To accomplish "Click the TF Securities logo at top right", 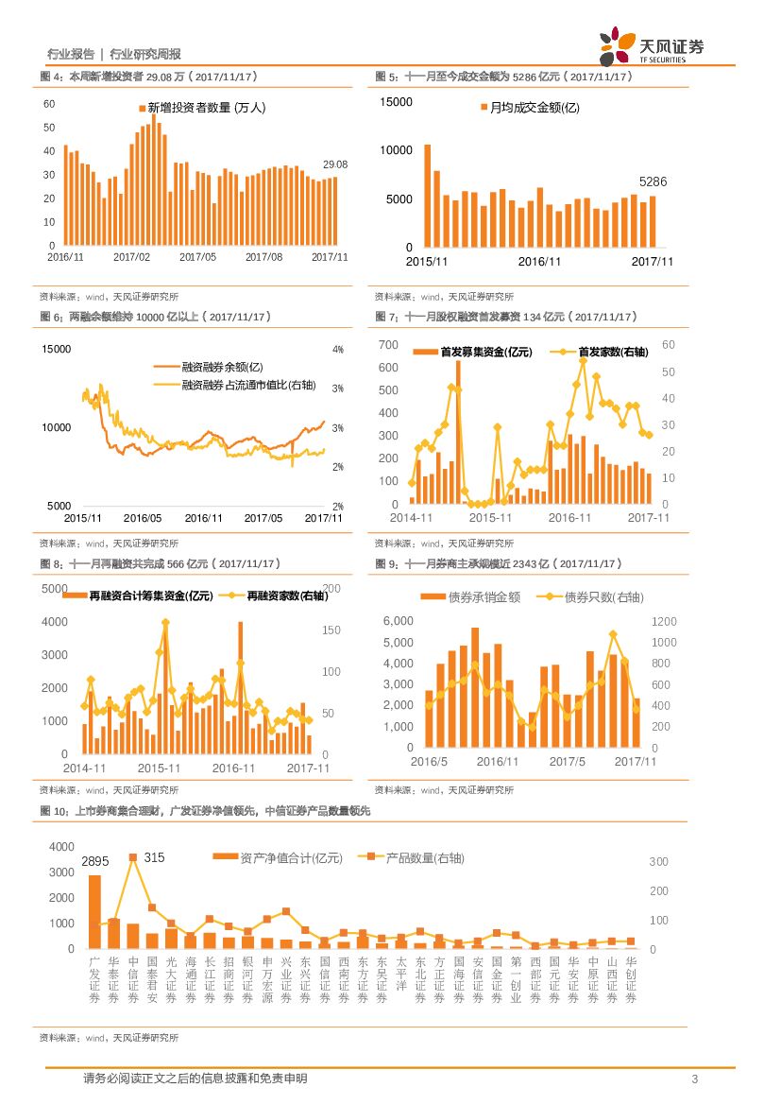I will [652, 45].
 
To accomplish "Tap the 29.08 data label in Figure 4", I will [335, 164].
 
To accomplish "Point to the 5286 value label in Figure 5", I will [653, 181].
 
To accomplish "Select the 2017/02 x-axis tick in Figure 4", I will [131, 256].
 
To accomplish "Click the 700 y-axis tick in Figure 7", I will [388, 344].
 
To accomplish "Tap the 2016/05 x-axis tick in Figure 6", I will [143, 518].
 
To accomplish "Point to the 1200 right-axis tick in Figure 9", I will [664, 621].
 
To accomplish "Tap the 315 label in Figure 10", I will [154, 857].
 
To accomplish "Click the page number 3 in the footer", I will [695, 1079].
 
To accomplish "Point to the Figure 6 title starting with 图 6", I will [155, 317].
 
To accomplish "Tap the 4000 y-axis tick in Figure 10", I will [60, 847].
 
